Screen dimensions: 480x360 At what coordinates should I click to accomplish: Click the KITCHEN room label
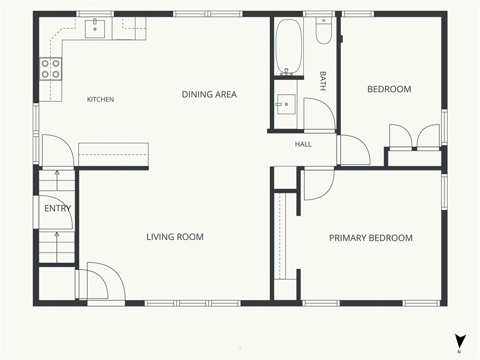coord(100,99)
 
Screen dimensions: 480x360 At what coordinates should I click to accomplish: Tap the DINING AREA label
coord(210,94)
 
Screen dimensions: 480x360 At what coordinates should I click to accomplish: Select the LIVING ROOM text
coord(175,237)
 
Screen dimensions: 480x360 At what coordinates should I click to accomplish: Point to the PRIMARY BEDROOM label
coord(371,238)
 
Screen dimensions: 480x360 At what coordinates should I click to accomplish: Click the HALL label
coord(303,144)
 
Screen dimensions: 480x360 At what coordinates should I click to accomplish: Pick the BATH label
coord(322,81)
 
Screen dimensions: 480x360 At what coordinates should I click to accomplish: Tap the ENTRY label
coord(58,209)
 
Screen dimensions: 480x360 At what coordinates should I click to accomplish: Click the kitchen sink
coord(95,29)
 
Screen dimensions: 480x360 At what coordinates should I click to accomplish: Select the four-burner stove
coord(51,69)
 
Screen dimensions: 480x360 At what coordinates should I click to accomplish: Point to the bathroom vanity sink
coord(286,105)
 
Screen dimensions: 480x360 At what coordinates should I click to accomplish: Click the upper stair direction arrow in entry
coord(57,180)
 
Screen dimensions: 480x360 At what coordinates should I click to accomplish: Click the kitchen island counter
coord(113,155)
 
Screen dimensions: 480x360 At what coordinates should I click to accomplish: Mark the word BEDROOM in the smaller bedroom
coord(389,89)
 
